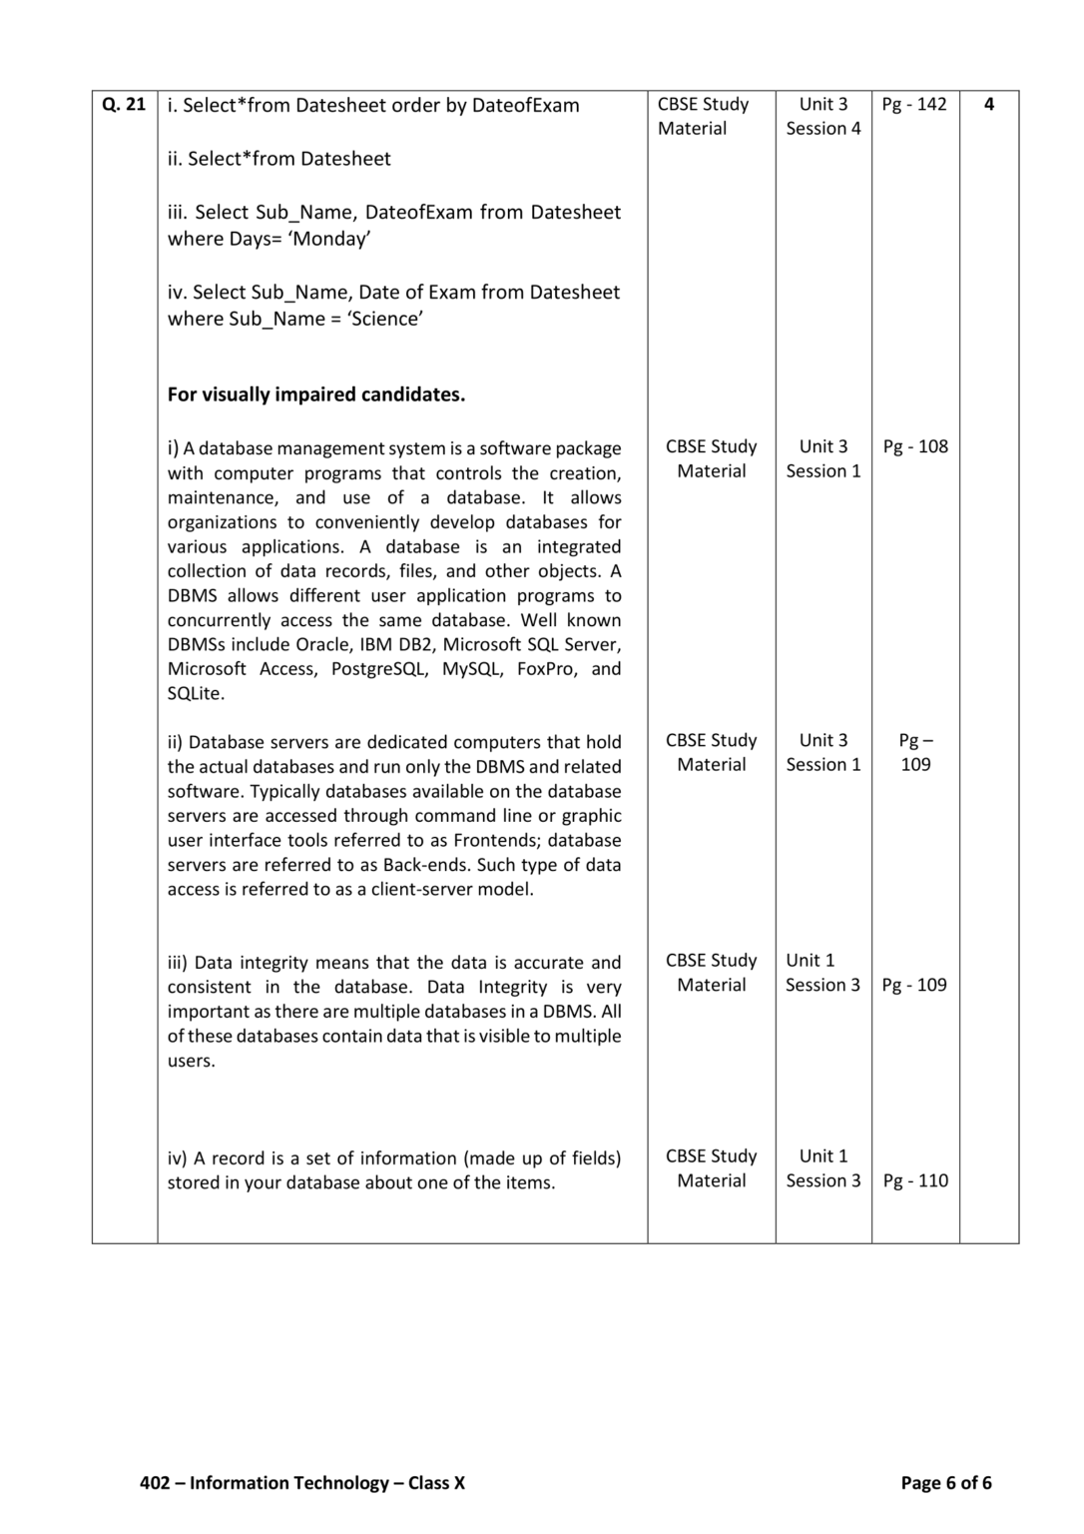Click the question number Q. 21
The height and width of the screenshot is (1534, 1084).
124,104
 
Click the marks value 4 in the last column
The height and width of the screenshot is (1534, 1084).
988,104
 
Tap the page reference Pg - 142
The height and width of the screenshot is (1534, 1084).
914,104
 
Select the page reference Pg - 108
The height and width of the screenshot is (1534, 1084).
915,446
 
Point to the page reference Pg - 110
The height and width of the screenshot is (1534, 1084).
915,1180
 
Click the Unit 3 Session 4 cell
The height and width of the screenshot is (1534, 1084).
822,116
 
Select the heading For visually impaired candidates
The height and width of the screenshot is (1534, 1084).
316,394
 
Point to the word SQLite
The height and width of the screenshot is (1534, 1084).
196,693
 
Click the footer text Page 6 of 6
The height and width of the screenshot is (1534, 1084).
945,1483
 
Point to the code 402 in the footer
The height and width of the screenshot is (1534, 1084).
155,1483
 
